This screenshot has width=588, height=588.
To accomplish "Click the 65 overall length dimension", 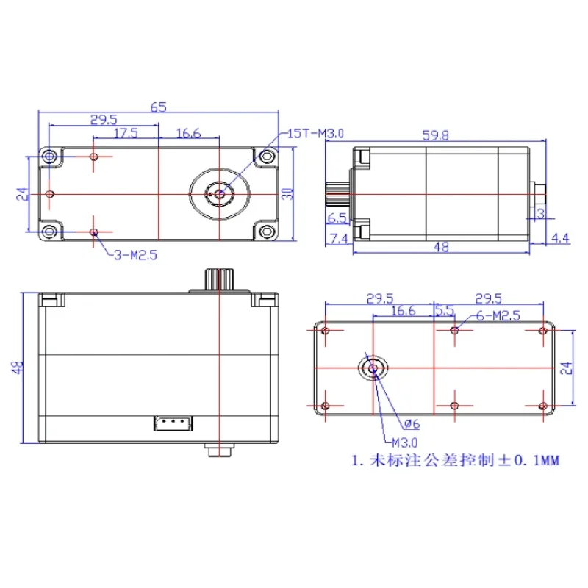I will tap(158, 107).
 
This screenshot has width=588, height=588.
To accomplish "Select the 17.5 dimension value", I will tap(126, 133).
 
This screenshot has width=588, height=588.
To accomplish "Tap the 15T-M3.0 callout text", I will tap(315, 133).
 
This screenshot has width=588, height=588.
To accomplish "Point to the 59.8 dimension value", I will tap(435, 135).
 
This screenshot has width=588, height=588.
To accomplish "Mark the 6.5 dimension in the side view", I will tap(337, 218).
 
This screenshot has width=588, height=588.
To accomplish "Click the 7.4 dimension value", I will tap(339, 238).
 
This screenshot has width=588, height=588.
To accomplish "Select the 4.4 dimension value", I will tap(560, 238).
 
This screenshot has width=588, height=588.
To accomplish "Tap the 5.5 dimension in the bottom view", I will tap(444, 310).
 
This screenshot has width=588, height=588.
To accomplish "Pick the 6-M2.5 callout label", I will tap(498, 315).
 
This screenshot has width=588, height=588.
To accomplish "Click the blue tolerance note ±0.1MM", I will tap(455, 462).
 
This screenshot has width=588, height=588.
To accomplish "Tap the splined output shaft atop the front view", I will tap(218, 279).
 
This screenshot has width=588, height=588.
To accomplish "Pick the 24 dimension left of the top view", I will tap(21, 194).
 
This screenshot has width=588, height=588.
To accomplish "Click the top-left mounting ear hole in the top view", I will tap(49, 157).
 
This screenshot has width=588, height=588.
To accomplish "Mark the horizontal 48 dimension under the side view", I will tap(441, 248).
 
